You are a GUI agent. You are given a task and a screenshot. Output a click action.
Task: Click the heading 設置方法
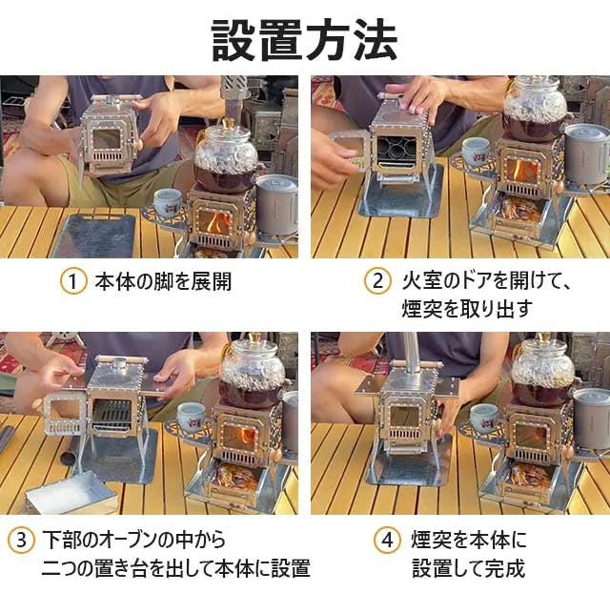(304, 40)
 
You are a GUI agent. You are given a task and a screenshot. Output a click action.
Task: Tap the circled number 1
(73, 281)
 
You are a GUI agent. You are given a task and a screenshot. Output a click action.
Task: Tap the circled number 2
(377, 281)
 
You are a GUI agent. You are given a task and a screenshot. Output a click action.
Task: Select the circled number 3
(21, 540)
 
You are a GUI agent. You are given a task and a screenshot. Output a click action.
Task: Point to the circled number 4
(387, 540)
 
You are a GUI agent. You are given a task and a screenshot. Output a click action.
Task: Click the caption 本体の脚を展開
(163, 281)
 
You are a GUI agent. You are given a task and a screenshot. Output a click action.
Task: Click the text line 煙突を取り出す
(467, 308)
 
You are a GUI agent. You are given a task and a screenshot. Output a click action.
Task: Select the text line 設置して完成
(469, 568)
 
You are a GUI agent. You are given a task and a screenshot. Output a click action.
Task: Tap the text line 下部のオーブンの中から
(133, 540)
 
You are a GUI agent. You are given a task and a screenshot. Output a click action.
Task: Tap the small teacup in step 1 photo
(168, 203)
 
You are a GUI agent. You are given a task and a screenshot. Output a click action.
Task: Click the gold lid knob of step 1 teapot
(226, 125)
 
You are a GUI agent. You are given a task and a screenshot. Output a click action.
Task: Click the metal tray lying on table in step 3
(71, 493)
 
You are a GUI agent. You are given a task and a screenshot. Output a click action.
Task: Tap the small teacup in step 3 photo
(192, 418)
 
